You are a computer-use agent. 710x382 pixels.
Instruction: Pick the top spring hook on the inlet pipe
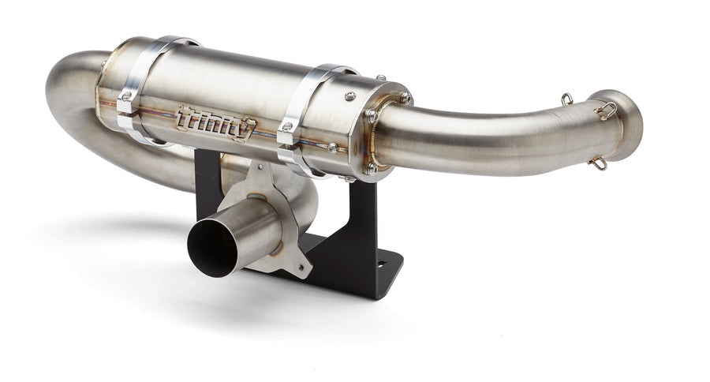coord(566,99)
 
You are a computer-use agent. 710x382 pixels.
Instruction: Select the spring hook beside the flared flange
coord(607,110)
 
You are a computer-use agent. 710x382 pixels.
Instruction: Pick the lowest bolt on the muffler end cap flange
coord(369,168)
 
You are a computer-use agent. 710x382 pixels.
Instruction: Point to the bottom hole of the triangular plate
coord(300,264)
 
